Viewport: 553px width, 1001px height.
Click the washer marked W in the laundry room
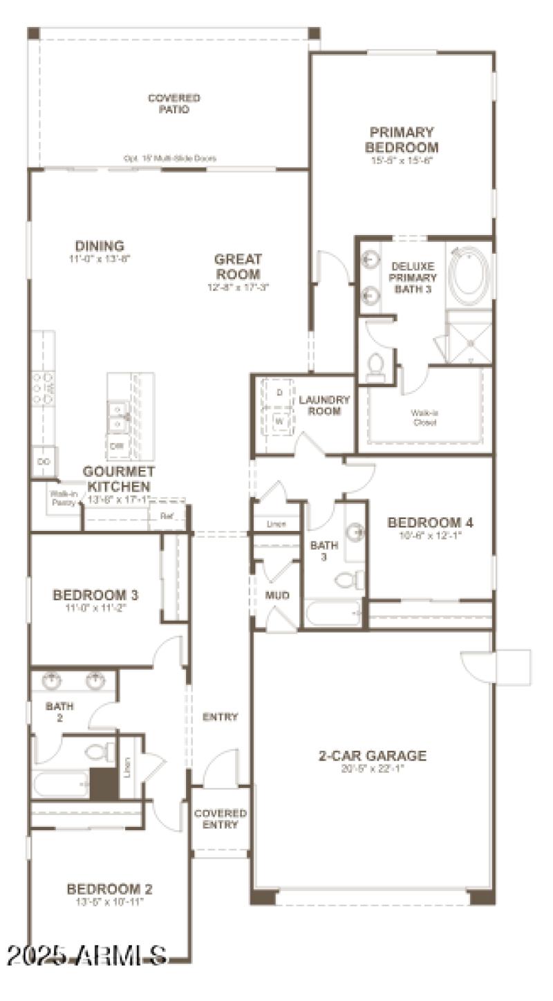[x=279, y=420]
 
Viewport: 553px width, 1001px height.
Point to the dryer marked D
[x=279, y=393]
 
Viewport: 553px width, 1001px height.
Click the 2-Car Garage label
[x=372, y=756]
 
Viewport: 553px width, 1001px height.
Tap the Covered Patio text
[x=174, y=104]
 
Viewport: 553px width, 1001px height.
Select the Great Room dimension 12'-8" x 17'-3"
[x=238, y=286]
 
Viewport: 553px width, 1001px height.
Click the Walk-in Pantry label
[x=62, y=498]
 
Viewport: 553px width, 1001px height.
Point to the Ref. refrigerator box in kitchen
[x=167, y=516]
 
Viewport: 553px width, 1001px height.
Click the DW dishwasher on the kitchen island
[x=117, y=446]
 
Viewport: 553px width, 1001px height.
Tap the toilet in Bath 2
[x=100, y=751]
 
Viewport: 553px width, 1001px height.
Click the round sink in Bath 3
[x=355, y=532]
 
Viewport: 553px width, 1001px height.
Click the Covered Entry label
[x=220, y=818]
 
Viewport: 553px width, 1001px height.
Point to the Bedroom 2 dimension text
[x=109, y=902]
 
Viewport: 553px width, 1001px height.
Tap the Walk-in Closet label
[x=424, y=418]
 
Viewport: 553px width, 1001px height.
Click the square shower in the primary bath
[x=468, y=337]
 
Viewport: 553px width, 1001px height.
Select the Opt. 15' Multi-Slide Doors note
[x=169, y=158]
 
